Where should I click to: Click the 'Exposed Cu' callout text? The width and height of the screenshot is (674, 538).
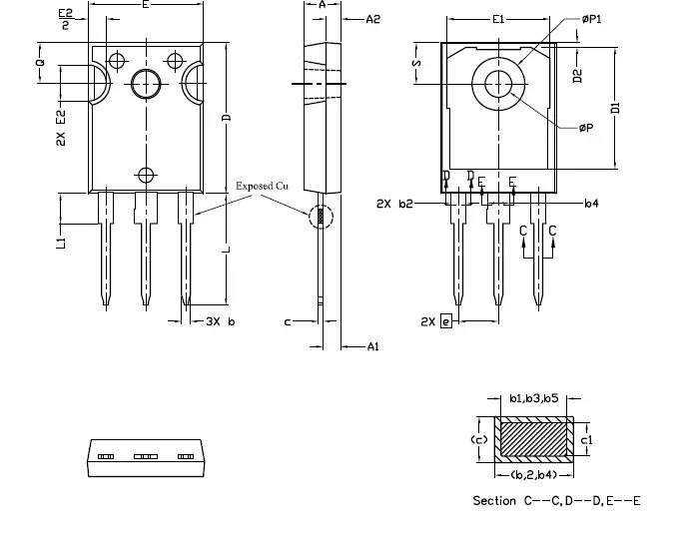click(261, 186)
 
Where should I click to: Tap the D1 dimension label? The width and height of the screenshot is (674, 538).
click(615, 107)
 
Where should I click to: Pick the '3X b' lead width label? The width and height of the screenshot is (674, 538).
click(220, 321)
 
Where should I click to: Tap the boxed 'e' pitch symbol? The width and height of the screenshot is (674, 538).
click(445, 321)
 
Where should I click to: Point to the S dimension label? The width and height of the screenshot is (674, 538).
click(417, 63)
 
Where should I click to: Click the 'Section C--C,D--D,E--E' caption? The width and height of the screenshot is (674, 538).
click(555, 499)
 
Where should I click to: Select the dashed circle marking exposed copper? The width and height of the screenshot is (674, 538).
click(319, 215)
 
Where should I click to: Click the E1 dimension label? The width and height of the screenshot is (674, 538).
click(498, 20)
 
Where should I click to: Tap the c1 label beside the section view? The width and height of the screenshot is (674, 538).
click(587, 437)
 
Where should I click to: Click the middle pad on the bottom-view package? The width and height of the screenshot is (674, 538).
click(146, 455)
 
